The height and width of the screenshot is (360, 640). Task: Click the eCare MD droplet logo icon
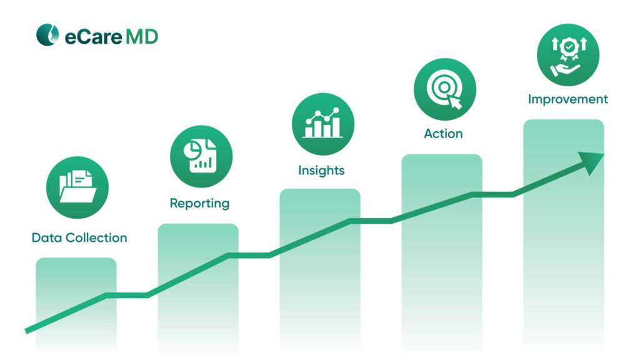47,36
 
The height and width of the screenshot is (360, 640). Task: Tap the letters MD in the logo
142,36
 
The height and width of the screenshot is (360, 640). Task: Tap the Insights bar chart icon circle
322,124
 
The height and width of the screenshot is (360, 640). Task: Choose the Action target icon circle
444,89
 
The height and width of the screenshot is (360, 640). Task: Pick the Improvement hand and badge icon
567,55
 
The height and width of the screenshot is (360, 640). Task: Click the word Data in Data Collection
45,238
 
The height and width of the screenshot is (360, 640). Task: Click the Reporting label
199,204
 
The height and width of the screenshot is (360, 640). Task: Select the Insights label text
321,171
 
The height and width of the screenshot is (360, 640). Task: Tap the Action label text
443,134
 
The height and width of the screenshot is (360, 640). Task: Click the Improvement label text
567,99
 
